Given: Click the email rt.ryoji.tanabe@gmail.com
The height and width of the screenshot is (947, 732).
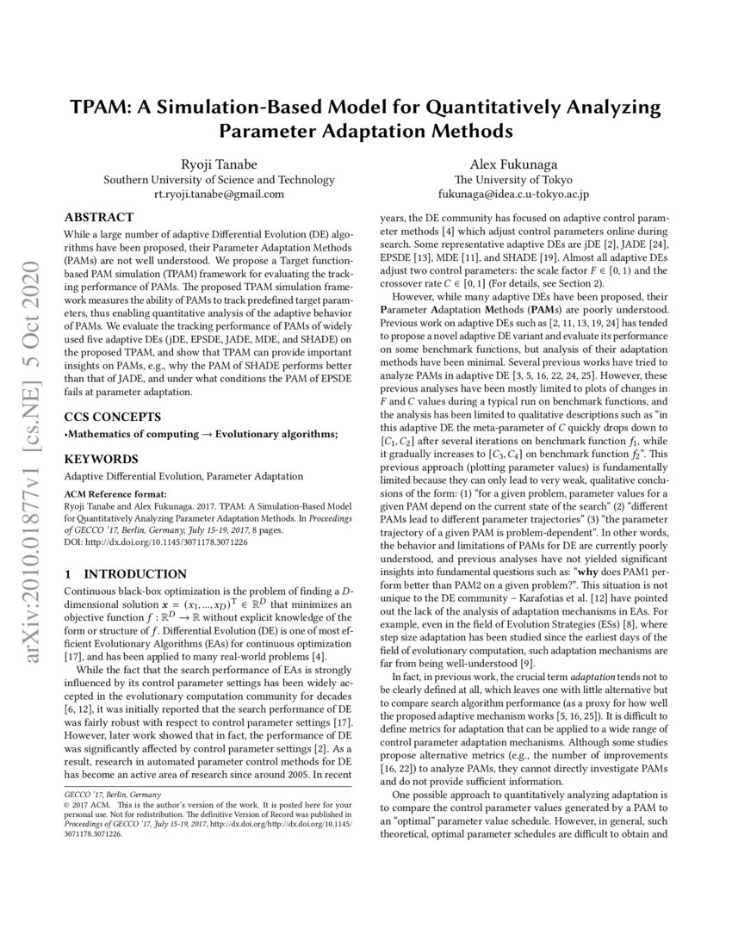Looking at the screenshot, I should pyautogui.click(x=219, y=194).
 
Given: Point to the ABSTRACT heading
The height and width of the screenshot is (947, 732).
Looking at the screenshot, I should pyautogui.click(x=99, y=217).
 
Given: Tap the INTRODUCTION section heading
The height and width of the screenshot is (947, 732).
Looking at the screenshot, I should pyautogui.click(x=136, y=574).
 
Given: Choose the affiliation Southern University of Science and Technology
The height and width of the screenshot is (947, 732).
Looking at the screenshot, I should pyautogui.click(x=219, y=179).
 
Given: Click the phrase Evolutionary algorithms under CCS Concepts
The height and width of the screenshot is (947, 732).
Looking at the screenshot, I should pyautogui.click(x=276, y=434).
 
